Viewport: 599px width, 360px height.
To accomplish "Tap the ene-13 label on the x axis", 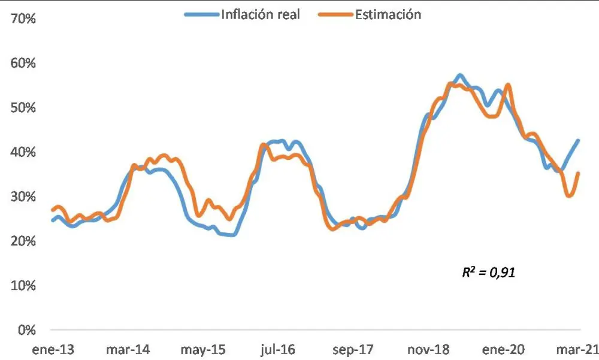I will coord(54,349).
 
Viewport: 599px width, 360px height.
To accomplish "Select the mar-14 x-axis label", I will coord(128,349).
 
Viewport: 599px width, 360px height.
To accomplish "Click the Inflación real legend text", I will coord(261,14).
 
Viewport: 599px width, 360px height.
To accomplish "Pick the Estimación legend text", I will coord(388,14).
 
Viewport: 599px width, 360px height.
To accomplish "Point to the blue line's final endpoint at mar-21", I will coord(578,141).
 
